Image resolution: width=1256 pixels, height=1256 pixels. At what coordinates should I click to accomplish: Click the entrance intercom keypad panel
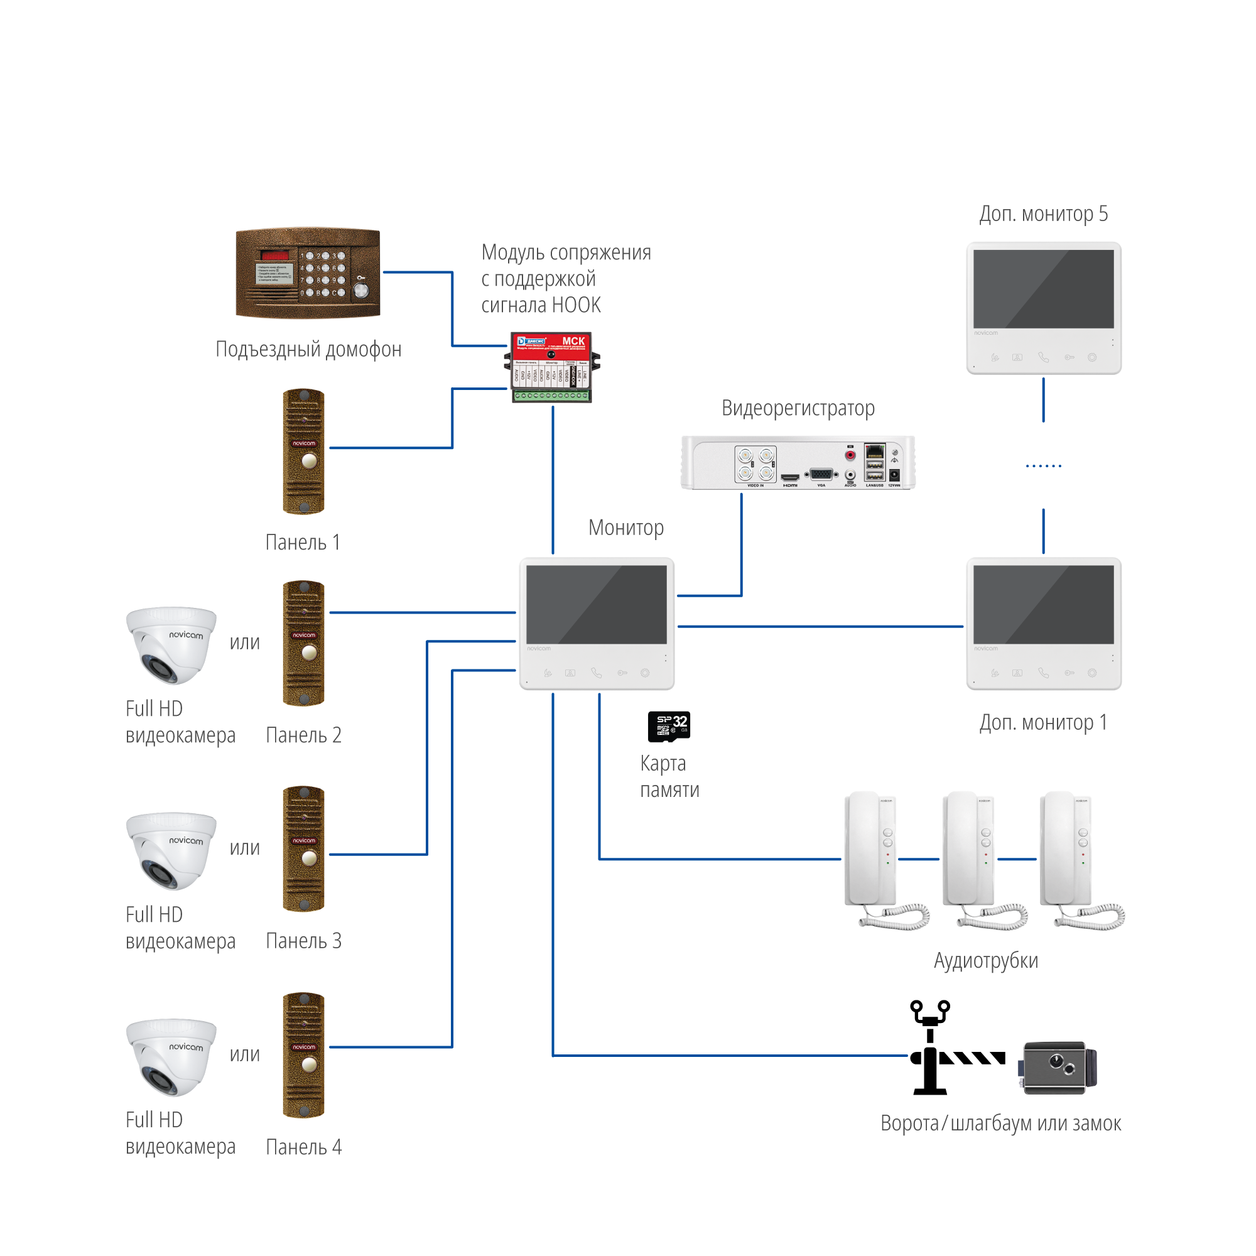coord(308,273)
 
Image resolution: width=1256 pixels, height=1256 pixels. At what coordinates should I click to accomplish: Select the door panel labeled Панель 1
coord(303,451)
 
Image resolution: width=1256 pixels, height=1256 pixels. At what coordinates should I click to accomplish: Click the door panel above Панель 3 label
coord(303,848)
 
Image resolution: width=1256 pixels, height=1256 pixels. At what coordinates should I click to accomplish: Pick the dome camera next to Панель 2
coord(171,644)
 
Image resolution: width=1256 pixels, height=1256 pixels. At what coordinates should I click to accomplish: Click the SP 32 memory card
coord(669,726)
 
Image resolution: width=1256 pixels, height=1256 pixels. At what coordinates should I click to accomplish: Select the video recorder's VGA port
coord(821,475)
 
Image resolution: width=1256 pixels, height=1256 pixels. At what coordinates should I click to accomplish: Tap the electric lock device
coord(1058,1068)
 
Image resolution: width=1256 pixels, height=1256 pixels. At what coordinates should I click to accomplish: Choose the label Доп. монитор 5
coord(1043,214)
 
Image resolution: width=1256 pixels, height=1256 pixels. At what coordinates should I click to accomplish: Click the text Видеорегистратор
coord(798,408)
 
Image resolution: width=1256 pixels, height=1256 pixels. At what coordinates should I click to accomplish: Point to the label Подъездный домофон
coord(308,350)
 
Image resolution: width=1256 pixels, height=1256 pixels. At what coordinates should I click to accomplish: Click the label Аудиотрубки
coord(985,961)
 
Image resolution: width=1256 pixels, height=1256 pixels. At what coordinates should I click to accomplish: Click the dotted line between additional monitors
coord(1043,466)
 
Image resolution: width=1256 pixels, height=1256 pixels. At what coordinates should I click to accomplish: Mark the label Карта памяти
coord(669,777)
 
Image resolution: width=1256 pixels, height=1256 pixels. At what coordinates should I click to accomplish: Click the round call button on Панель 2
coord(310,652)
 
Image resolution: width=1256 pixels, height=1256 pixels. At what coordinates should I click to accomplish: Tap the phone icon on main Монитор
coord(596,673)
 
